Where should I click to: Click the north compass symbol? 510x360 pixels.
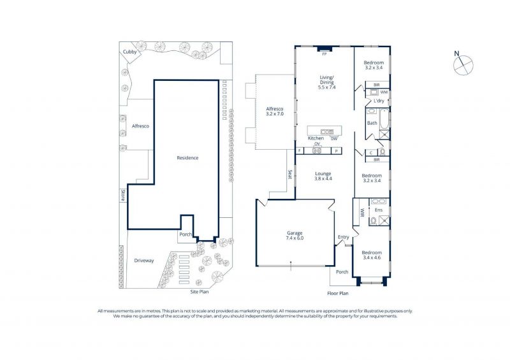pos(463,64)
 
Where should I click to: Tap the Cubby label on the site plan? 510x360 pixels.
pos(129,52)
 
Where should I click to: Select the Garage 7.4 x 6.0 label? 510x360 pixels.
pos(295,236)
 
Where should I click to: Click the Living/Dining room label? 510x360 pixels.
pos(326,82)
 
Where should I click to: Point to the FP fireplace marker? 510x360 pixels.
pos(324,54)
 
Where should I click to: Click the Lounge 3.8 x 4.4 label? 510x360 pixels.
pos(323,176)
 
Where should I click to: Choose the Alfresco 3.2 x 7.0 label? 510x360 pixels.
pos(275,112)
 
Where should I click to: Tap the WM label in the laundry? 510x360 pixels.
pos(384,92)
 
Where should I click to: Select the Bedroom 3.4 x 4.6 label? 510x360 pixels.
pos(372,255)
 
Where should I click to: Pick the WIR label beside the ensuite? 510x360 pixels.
pos(361,213)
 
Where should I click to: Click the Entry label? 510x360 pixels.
pos(344,237)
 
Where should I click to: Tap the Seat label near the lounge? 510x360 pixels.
pos(289,175)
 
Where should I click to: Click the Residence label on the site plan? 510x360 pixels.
pos(187,158)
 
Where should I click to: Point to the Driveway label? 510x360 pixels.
pos(144,261)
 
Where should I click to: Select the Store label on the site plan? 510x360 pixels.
pos(123,195)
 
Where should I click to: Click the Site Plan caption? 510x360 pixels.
pos(200,292)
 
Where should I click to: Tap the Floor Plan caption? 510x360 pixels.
pos(338,293)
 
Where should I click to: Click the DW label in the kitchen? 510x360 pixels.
pos(334,138)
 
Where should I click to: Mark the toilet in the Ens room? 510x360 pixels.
pos(373,222)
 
